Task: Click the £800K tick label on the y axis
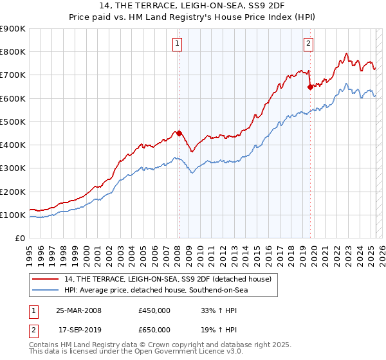click(x=13, y=52)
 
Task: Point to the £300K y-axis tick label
click(x=13, y=168)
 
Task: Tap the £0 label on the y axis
click(x=19, y=239)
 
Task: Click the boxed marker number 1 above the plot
click(x=177, y=44)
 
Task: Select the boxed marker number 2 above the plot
click(x=308, y=44)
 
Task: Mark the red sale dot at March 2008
click(x=179, y=134)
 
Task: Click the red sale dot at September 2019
click(x=310, y=87)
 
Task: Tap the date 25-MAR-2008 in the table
click(x=79, y=310)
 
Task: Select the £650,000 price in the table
click(x=154, y=329)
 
